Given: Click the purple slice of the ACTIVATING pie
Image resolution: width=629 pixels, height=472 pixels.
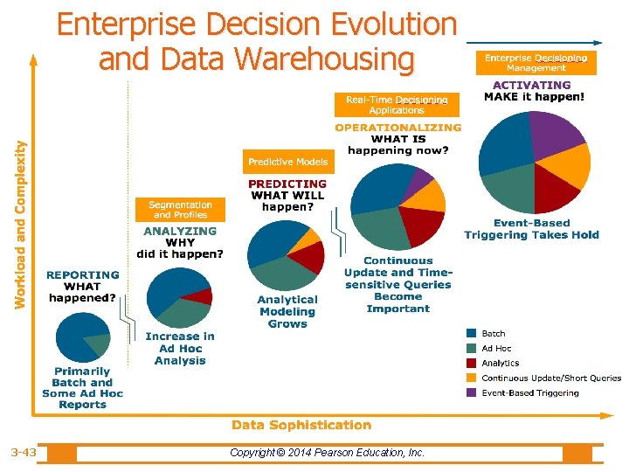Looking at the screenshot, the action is point(556,133).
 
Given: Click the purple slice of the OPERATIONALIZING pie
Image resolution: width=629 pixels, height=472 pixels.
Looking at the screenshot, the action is point(418,183).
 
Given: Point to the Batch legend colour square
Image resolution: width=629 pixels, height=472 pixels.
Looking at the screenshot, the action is point(472,333).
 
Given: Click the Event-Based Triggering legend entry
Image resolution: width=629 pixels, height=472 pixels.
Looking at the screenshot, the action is point(522,392).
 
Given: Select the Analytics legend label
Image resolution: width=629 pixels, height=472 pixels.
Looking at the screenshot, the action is point(501,364).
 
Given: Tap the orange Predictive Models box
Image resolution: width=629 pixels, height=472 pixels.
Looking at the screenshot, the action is point(288,162).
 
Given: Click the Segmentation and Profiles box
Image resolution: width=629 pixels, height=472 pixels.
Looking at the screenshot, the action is point(180,210).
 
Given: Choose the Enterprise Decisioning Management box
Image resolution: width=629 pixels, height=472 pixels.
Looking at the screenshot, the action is point(536,63).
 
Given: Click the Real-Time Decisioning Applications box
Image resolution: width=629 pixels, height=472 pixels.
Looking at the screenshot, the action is point(397,105).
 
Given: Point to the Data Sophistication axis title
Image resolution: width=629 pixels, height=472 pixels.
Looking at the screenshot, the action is point(301,425).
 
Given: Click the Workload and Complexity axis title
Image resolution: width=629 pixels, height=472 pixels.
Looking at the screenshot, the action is point(20,225).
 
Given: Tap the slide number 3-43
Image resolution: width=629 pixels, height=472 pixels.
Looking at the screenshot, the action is point(24,453).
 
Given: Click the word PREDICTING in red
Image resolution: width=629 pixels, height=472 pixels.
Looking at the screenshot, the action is point(287,184).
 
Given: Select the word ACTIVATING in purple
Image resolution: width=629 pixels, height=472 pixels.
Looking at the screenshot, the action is point(532,85).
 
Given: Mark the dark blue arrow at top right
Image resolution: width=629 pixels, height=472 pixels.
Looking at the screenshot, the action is point(534,43).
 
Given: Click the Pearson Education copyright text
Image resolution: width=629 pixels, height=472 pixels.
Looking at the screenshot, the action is point(327,453).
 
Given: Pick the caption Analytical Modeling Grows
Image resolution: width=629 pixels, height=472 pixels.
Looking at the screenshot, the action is point(287,312).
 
